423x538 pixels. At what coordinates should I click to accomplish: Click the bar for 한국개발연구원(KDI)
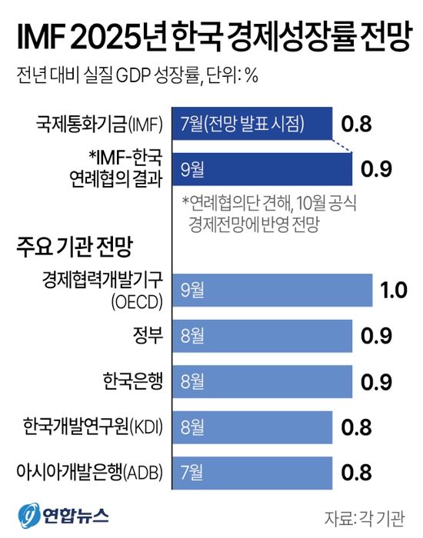[x=253, y=424]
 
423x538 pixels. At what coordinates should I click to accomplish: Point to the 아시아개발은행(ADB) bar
[x=253, y=470]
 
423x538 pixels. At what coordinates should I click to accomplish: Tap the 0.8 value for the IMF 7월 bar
[x=356, y=123]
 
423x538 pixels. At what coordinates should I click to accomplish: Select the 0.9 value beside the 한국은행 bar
[x=376, y=380]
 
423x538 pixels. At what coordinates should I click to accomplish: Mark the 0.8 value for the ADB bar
[x=356, y=470]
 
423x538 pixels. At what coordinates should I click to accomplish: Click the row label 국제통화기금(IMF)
[x=101, y=123]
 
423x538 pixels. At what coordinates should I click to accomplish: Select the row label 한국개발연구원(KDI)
[x=94, y=424]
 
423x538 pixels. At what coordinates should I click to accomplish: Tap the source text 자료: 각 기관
[x=365, y=516]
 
